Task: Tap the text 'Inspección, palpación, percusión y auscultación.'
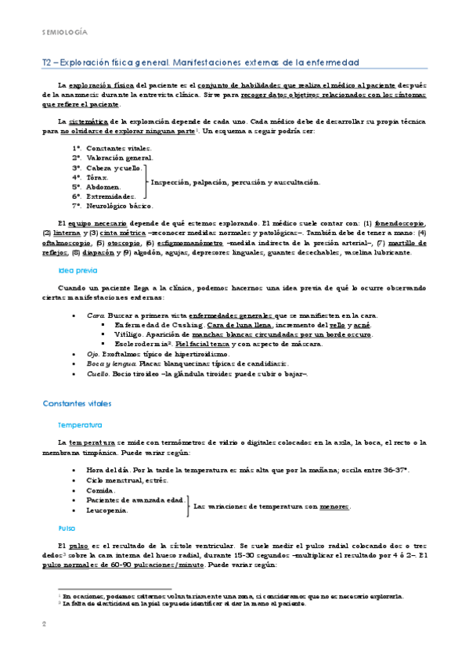click(x=235, y=182)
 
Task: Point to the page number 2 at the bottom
click(x=44, y=624)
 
